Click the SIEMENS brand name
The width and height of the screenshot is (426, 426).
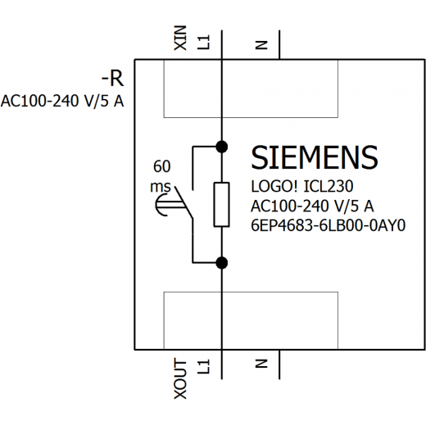coord(315,157)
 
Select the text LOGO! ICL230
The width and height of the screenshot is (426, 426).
coord(302,187)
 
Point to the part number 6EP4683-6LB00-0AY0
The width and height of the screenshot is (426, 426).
coord(328,225)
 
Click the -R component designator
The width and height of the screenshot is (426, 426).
coord(112,79)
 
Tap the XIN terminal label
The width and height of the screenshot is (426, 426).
coord(180,38)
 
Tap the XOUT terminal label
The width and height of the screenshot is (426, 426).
coord(180,378)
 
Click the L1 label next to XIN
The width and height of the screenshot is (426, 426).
coord(204,43)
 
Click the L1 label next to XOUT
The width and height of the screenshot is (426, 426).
coord(204,366)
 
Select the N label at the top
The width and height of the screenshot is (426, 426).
coord(261,45)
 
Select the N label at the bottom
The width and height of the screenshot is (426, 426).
coord(261,363)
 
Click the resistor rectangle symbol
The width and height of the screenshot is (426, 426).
coord(221,205)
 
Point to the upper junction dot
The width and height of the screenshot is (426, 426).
coord(221,147)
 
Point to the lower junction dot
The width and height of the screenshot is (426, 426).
coord(221,263)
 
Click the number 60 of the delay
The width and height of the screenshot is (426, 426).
coord(162,166)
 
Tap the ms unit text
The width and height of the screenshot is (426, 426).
coord(161,187)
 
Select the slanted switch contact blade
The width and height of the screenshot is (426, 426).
coord(184,202)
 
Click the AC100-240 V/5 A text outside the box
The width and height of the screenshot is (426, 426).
coord(62,101)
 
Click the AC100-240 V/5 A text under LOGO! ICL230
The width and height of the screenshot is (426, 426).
coord(312,206)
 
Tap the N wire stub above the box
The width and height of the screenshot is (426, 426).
coord(279,44)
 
